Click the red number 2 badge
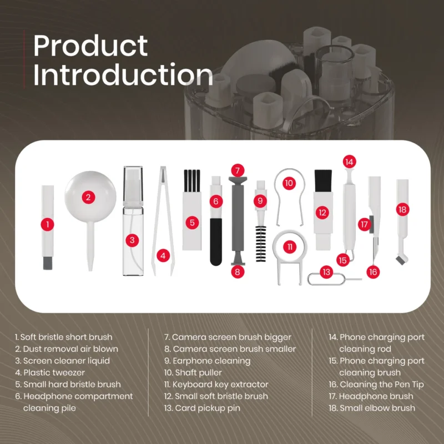(x=88, y=197)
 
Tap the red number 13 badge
(x=326, y=272)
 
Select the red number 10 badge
(x=289, y=183)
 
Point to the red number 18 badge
(x=402, y=210)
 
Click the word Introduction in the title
(x=123, y=75)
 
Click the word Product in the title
(x=90, y=46)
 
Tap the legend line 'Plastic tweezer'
(x=50, y=372)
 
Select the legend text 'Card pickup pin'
(x=202, y=408)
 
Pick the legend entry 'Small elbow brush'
(x=372, y=408)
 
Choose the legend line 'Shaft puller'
(x=193, y=372)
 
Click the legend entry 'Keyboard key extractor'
(x=216, y=385)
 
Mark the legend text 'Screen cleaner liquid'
(x=63, y=361)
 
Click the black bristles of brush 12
(x=323, y=181)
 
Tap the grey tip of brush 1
(x=48, y=263)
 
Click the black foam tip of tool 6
(x=216, y=242)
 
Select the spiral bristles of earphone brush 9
(x=261, y=244)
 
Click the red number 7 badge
(x=238, y=170)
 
